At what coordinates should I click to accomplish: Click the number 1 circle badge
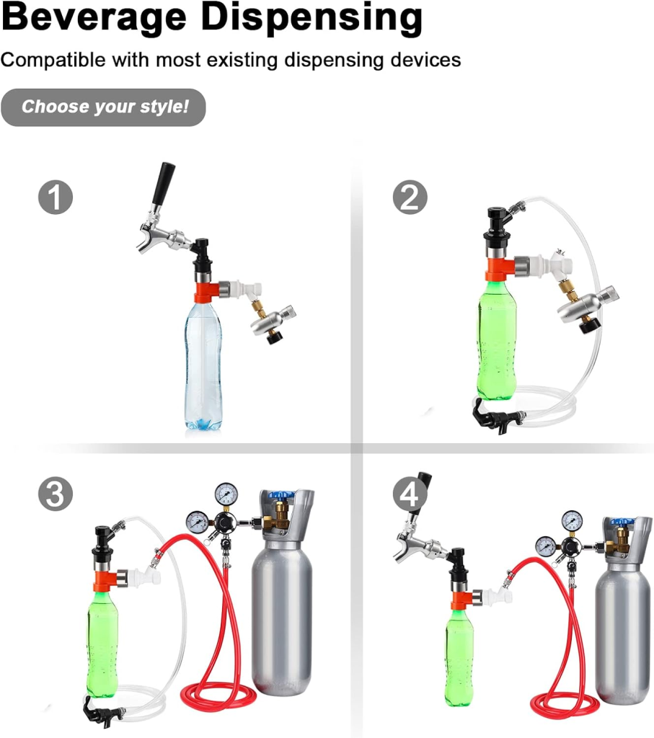click(56, 197)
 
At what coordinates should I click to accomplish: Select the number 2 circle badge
click(410, 197)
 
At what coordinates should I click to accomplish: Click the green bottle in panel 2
click(497, 339)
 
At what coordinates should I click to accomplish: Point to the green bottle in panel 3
click(102, 641)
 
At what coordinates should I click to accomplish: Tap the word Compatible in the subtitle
click(53, 59)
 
